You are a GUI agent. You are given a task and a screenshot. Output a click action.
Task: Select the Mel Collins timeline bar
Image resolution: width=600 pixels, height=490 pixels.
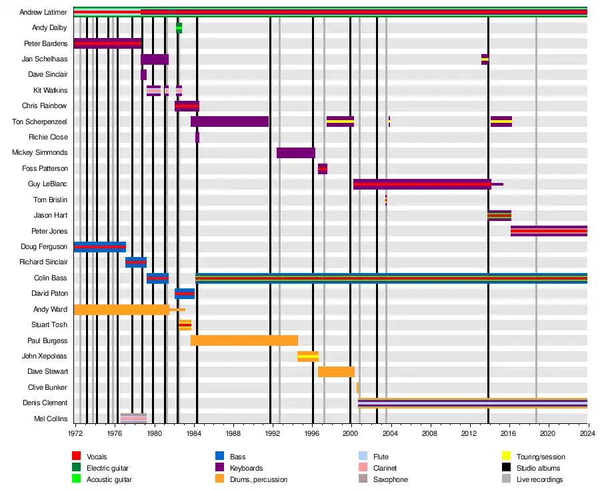[133, 419]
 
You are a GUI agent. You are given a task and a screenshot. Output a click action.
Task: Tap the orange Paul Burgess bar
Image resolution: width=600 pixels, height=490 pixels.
[244, 340]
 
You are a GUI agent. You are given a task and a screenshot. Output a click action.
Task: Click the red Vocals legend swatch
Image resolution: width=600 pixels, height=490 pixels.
[76, 457]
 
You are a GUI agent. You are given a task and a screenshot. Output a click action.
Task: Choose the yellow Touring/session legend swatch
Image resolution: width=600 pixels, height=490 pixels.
[505, 457]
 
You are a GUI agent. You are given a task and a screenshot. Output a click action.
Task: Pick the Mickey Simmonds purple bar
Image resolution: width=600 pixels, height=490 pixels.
[296, 153]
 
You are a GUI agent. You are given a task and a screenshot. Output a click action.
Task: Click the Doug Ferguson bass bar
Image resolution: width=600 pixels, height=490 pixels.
[100, 247]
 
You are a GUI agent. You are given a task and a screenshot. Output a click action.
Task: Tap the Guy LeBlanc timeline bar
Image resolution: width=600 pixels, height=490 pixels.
[422, 184]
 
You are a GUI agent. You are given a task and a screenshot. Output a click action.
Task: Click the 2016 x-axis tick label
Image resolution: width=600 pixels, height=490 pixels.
[509, 433]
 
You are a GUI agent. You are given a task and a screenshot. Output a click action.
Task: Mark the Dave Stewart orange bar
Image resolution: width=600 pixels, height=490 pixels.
[336, 372]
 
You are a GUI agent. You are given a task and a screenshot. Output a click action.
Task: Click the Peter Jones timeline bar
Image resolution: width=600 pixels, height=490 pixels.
[549, 231]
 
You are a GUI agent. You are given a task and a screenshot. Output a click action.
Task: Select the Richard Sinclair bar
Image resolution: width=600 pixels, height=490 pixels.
[136, 262]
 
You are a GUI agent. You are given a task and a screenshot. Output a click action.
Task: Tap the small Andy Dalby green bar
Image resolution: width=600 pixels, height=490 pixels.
[179, 28]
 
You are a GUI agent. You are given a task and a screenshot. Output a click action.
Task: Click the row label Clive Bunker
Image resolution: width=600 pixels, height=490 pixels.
[48, 387]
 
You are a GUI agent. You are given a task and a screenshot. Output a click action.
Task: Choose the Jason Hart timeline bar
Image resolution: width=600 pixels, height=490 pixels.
[499, 216]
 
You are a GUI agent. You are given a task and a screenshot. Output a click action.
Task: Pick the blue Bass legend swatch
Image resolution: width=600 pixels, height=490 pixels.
[219, 457]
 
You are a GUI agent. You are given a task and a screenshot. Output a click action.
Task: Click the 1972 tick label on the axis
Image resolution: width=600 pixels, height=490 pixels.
[75, 433]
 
